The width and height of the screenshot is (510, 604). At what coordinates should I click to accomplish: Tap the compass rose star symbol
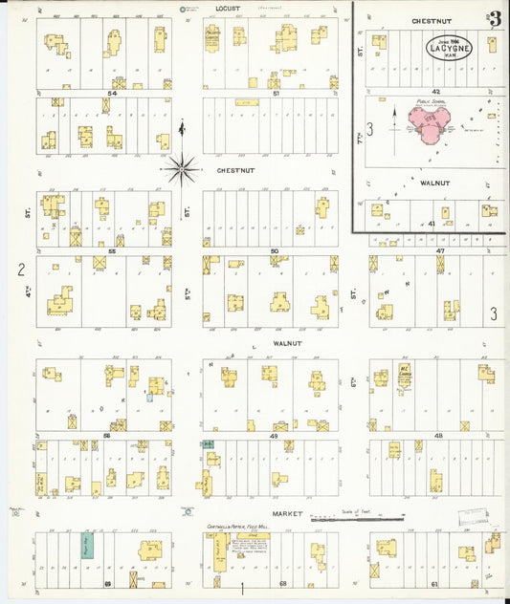click(182, 169)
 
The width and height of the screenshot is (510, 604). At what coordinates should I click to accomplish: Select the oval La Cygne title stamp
click(450, 45)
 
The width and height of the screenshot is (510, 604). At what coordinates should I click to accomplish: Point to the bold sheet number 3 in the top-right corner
click(495, 19)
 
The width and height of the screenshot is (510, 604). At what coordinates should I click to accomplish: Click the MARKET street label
click(286, 514)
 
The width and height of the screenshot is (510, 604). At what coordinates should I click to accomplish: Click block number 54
click(112, 94)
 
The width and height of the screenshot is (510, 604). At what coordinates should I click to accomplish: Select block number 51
click(276, 94)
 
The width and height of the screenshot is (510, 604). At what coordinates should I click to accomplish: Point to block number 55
click(112, 250)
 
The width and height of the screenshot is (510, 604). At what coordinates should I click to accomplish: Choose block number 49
click(274, 435)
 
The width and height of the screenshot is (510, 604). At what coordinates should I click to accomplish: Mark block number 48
click(438, 435)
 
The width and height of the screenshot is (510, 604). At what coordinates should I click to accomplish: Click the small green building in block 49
click(208, 444)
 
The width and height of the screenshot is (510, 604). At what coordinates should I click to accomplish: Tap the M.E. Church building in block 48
click(405, 376)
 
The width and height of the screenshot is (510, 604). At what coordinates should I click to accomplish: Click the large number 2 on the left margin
click(20, 270)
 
